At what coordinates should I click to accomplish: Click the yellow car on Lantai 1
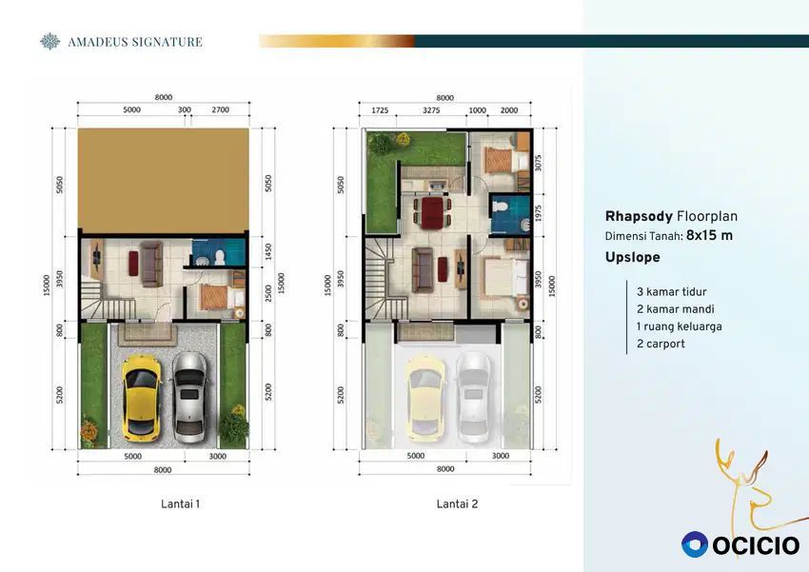click(140, 398)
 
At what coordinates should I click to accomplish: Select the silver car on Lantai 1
click(189, 397)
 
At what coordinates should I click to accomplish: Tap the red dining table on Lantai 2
click(432, 212)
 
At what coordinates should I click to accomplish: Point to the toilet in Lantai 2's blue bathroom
click(500, 207)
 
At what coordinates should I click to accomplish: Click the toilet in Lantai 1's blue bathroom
click(220, 256)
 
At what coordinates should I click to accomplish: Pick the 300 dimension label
click(185, 109)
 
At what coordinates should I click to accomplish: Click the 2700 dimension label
click(220, 109)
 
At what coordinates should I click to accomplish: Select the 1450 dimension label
click(268, 251)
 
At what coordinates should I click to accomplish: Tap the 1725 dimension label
click(380, 110)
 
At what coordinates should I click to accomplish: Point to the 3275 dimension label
click(431, 110)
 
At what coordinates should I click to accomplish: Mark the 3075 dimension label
click(539, 163)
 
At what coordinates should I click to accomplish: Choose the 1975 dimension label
click(539, 213)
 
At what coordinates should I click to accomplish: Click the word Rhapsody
click(639, 217)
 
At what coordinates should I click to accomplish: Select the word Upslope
click(633, 257)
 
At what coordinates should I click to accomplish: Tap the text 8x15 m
click(709, 236)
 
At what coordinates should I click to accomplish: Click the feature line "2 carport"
click(661, 344)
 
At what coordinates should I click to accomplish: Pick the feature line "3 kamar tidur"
click(671, 292)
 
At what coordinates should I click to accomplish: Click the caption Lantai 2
click(457, 503)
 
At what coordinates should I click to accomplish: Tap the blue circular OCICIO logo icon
click(695, 544)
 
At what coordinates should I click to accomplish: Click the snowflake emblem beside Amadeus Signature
click(50, 42)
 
